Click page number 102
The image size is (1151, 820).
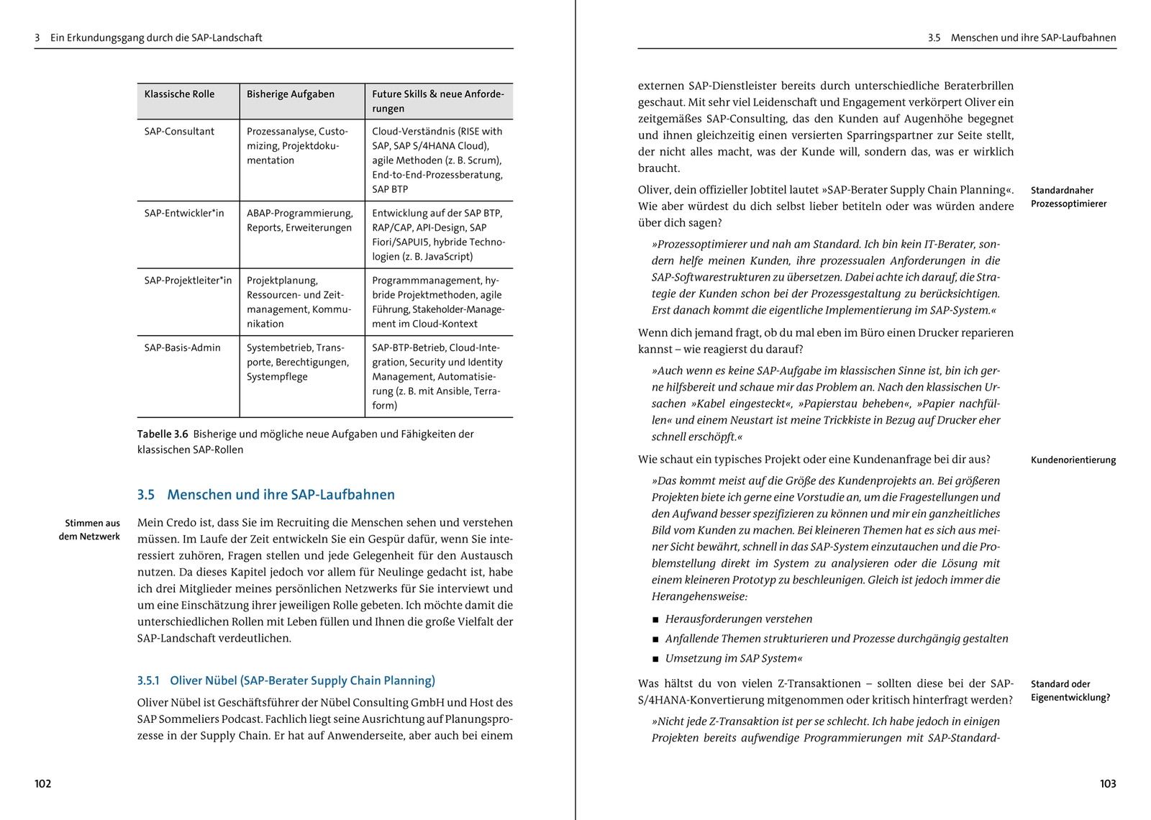pyautogui.click(x=43, y=784)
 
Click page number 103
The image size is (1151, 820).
pyautogui.click(x=1108, y=784)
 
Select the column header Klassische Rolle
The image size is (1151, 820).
pyautogui.click(x=179, y=94)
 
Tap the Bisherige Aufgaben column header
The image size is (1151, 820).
pyautogui.click(x=291, y=94)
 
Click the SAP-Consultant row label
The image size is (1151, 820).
pyautogui.click(x=179, y=132)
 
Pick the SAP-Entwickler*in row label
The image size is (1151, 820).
pyautogui.click(x=184, y=213)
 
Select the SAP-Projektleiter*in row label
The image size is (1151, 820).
pyautogui.click(x=188, y=281)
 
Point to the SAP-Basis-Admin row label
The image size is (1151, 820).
pyautogui.click(x=182, y=347)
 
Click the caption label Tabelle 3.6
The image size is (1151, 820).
pyautogui.click(x=163, y=434)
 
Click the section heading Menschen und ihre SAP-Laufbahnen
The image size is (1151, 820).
pyautogui.click(x=281, y=495)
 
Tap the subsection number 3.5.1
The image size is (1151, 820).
pyautogui.click(x=148, y=680)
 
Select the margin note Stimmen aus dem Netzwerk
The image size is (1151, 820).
pyautogui.click(x=91, y=530)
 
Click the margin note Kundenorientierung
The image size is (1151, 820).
pyautogui.click(x=1073, y=460)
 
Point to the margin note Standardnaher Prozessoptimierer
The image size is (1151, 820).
pyautogui.click(x=1068, y=197)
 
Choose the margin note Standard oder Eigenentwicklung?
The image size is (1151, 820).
pyautogui.click(x=1070, y=691)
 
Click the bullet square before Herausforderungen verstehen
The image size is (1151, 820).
pyautogui.click(x=655, y=620)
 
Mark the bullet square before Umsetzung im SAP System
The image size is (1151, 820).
pyautogui.click(x=655, y=659)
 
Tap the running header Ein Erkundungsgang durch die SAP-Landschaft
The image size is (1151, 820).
pyautogui.click(x=156, y=38)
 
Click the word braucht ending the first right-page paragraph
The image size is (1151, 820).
pyautogui.click(x=658, y=168)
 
